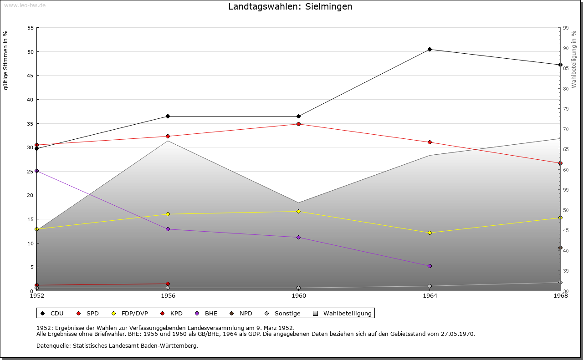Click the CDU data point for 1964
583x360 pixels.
pos(430,49)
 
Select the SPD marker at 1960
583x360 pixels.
pos(298,124)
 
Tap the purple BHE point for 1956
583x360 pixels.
pos(168,229)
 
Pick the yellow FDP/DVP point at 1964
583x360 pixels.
pos(430,233)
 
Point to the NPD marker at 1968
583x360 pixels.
pos(560,248)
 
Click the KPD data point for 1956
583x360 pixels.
pos(168,284)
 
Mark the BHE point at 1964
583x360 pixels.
pos(430,266)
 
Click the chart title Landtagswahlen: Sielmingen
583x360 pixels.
pos(290,7)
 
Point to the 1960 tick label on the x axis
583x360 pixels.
pos(298,296)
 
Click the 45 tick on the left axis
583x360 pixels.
pos(31,76)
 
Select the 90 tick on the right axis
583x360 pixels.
pos(565,48)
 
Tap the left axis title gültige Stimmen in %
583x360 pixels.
pos(5,60)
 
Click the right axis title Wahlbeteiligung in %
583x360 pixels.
pos(574,59)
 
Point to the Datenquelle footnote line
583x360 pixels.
pos(117,345)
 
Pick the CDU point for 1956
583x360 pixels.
pos(168,116)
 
